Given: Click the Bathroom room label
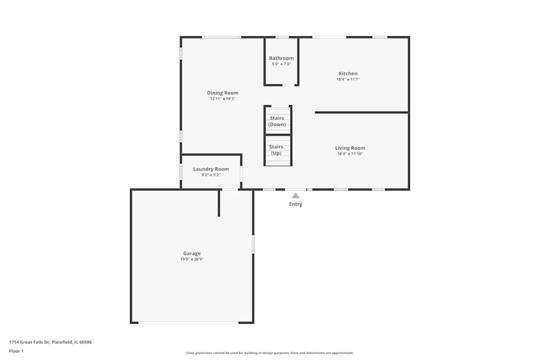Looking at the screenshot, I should coord(281,58).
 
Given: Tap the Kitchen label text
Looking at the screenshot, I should coord(348,73).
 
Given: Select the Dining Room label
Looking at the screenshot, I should coord(222,93).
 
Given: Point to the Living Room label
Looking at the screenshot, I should coord(350,148).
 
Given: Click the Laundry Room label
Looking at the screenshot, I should coord(211,169).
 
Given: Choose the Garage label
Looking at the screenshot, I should coord(192,253).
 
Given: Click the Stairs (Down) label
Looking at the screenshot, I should coord(277,121).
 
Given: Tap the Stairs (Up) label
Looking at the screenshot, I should coord(276,150).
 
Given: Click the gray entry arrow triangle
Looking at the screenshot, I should coord(295,195).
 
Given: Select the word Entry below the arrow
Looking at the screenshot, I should coord(295,205).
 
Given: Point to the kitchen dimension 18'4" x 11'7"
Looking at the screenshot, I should coord(348,79).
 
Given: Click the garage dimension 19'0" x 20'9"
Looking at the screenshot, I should coord(192,259).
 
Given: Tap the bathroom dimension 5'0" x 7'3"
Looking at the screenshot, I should coord(281,64).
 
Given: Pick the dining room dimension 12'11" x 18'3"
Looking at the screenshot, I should coord(222,99).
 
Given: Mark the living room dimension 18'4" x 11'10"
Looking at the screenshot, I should coord(350,154).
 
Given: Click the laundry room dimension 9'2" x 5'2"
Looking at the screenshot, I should coord(211,175).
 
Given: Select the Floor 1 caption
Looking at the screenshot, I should coord(16,351).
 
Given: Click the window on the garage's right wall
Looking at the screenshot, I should coord(253,244).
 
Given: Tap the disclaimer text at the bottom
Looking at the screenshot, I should coord(270,353).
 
